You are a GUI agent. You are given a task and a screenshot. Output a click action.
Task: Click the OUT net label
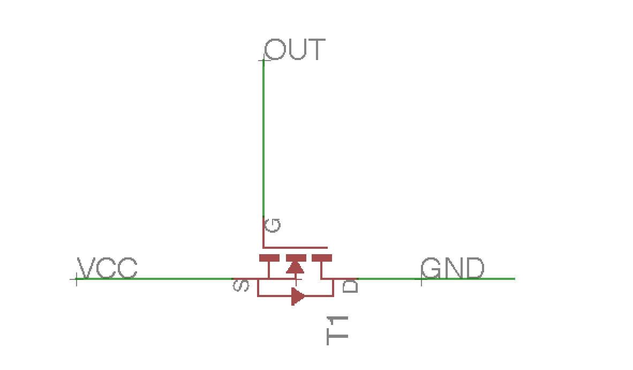[x=295, y=49]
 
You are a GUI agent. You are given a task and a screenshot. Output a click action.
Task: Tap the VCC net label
[x=107, y=268]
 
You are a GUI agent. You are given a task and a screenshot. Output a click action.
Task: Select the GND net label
[x=453, y=268]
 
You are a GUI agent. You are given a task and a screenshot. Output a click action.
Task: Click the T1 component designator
[x=338, y=330]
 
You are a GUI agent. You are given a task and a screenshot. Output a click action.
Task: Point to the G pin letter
[x=273, y=225]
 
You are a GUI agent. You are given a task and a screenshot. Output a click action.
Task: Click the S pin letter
[x=242, y=286]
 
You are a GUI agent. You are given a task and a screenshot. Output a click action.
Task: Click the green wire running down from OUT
[x=263, y=139]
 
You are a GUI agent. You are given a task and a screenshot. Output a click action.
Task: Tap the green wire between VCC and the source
[x=155, y=279]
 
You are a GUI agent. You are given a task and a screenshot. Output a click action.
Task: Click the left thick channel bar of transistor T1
[x=269, y=258]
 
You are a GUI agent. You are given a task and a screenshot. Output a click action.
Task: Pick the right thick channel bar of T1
[x=322, y=258]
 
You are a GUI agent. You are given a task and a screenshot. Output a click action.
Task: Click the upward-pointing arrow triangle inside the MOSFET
[x=295, y=267]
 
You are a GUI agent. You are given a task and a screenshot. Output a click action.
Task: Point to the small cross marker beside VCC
[x=76, y=279]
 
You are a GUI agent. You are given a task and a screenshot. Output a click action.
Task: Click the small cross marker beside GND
[x=422, y=279]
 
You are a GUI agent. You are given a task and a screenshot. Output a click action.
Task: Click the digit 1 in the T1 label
[x=338, y=322]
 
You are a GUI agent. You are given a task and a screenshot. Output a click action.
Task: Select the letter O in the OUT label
[x=274, y=49]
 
